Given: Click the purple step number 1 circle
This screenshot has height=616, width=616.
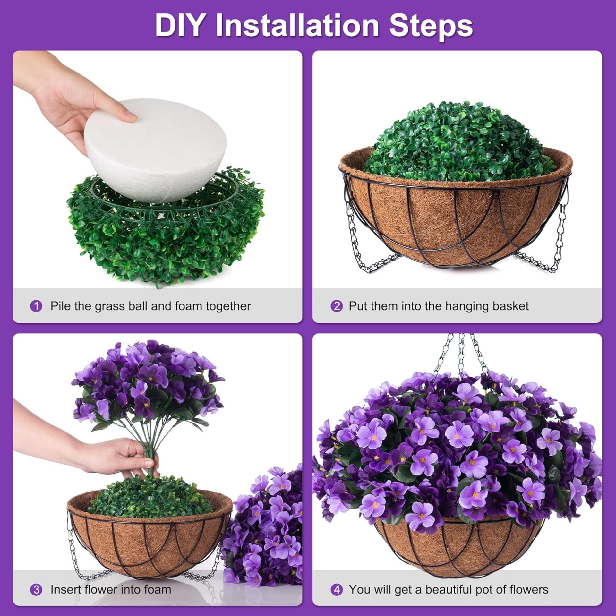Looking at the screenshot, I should [36, 306].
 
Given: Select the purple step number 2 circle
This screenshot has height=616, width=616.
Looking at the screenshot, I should [337, 306].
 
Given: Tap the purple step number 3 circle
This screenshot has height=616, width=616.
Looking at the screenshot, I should [36, 589].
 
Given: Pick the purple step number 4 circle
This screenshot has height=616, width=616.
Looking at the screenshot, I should [337, 589].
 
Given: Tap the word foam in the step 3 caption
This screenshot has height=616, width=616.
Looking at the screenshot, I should [157, 589].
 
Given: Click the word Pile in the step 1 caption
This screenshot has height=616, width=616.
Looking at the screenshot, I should [61, 306].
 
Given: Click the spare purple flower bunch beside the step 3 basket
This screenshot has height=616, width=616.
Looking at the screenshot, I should [266, 526].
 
